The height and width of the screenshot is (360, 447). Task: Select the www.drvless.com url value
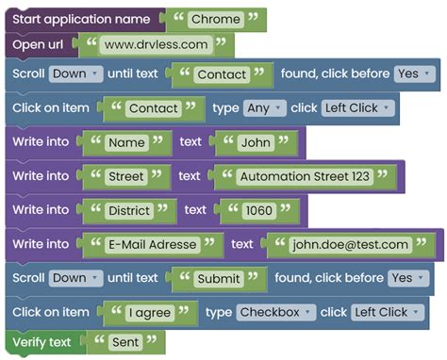pyautogui.click(x=156, y=44)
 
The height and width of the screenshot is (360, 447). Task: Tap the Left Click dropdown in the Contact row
pyautogui.click(x=356, y=108)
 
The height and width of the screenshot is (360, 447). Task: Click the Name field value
pyautogui.click(x=127, y=142)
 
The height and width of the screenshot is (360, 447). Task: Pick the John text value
pyautogui.click(x=255, y=142)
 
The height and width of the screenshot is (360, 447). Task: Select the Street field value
pyautogui.click(x=126, y=176)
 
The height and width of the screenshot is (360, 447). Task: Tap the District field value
pyautogui.click(x=129, y=210)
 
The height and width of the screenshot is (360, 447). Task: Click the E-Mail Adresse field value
pyautogui.click(x=153, y=244)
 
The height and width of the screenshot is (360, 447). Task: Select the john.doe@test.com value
pyautogui.click(x=350, y=244)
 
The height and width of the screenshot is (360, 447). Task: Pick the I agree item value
pyautogui.click(x=150, y=312)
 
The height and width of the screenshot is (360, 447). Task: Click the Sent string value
pyautogui.click(x=125, y=342)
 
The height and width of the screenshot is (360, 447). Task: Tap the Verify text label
pyautogui.click(x=41, y=342)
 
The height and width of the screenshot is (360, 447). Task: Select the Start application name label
pyautogui.click(x=80, y=19)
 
